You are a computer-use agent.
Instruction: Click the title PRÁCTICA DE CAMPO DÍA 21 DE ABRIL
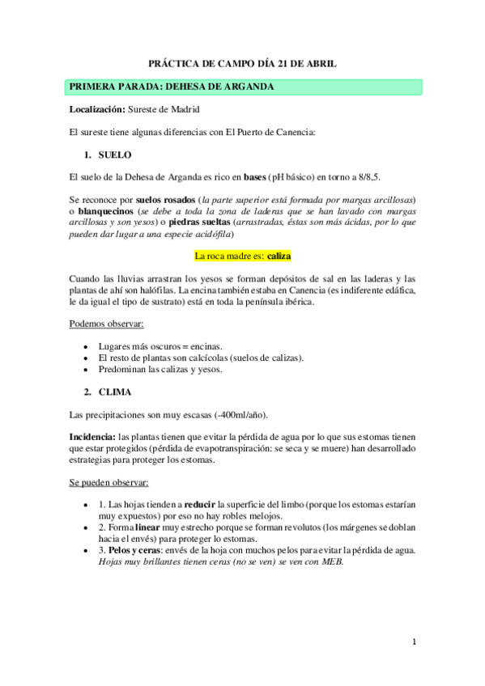pos(242,62)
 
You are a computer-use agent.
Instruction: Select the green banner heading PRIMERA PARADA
pos(172,87)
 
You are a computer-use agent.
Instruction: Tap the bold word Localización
pos(91,108)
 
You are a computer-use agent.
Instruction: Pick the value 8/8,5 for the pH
pos(369,176)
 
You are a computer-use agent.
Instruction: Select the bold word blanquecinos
pos(113,210)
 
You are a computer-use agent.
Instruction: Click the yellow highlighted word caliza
pos(279,256)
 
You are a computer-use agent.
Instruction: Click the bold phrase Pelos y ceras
pos(134,550)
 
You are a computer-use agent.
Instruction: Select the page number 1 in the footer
pos(414,642)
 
